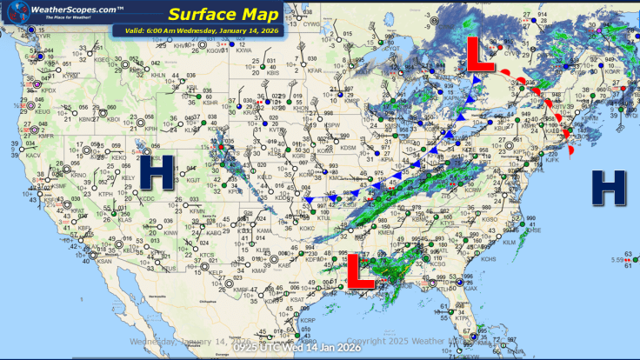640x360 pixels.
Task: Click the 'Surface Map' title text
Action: pos(223,14)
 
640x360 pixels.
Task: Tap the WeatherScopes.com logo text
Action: pos(63,9)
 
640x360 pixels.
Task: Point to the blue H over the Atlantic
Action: pos(609,184)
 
